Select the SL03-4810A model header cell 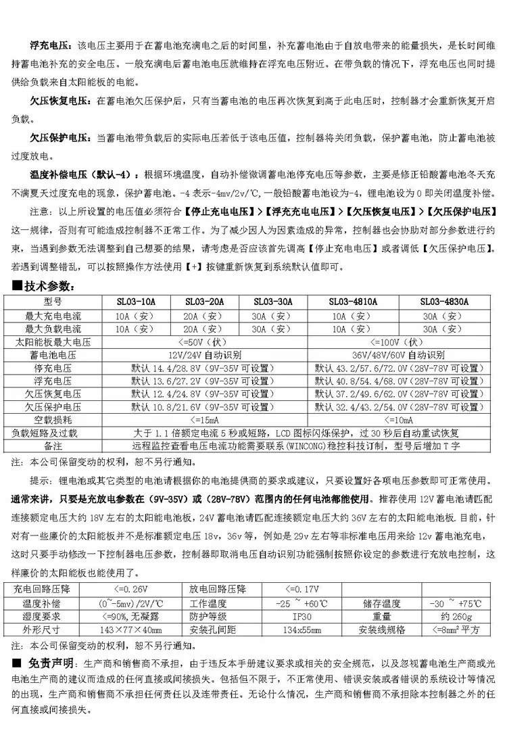pos(353,302)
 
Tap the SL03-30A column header pos(273,302)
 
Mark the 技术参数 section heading pos(51,287)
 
